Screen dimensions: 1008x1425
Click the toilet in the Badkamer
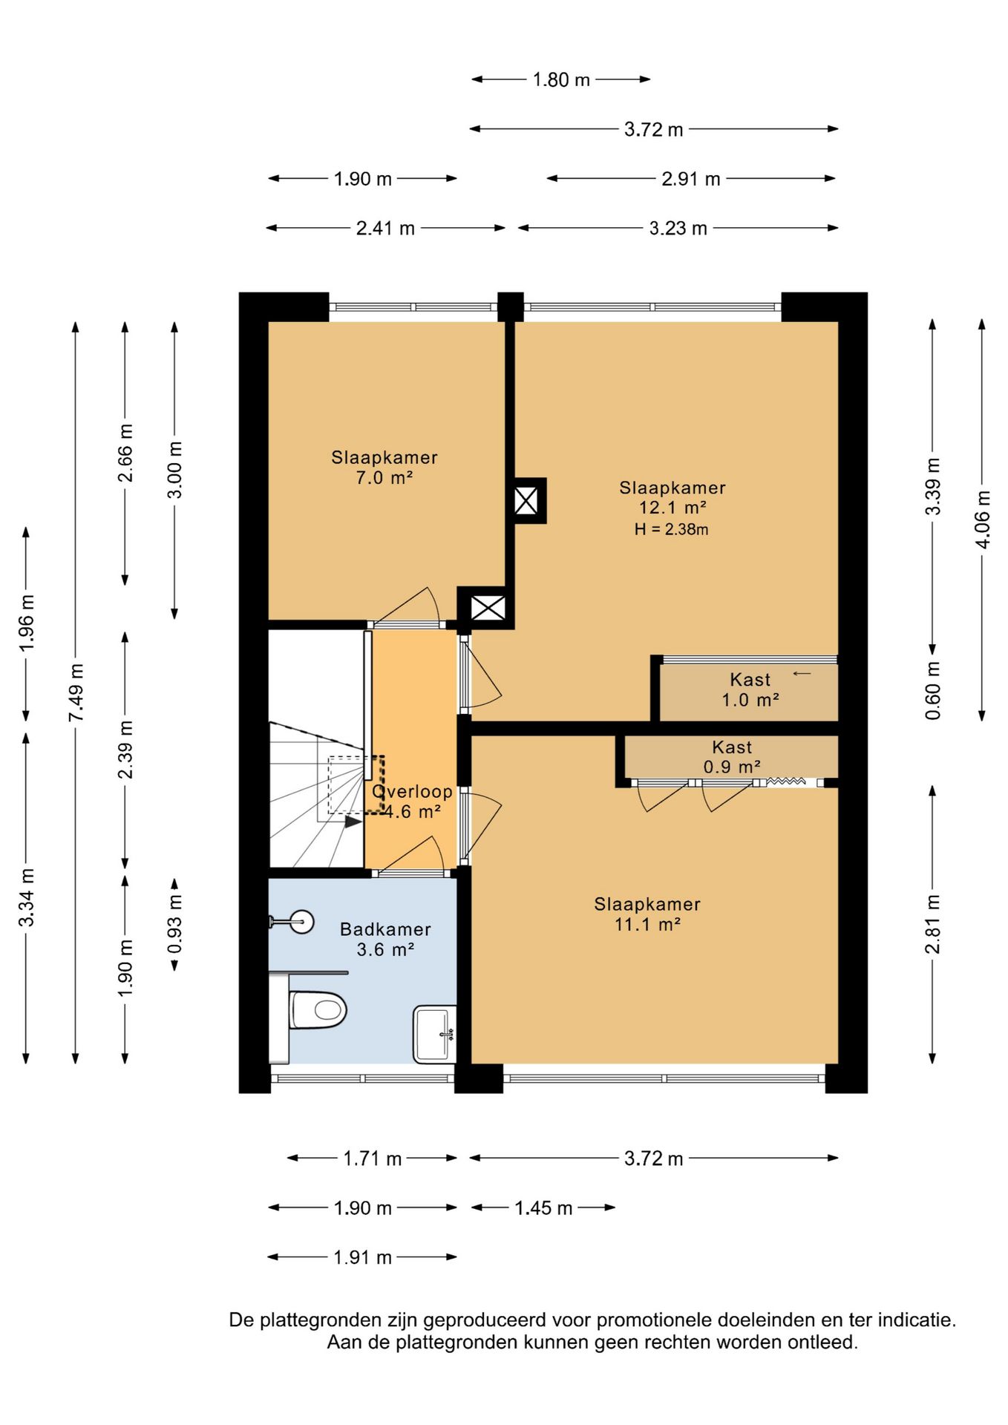tap(318, 1009)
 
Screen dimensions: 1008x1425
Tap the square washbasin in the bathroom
tap(434, 1034)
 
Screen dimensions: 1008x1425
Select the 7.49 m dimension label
tap(76, 692)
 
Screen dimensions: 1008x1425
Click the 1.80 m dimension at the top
tap(561, 79)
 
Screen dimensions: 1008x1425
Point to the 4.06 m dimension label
tap(982, 520)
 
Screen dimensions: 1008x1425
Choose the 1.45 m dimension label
tap(543, 1208)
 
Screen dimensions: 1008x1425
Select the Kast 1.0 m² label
tap(750, 689)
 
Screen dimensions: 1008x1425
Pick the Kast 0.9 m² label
tap(732, 757)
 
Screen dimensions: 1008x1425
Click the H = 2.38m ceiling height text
tap(671, 529)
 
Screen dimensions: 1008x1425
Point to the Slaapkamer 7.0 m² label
tap(384, 468)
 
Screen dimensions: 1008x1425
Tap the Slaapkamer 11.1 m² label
tap(647, 914)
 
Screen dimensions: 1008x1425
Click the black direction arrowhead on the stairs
tap(353, 821)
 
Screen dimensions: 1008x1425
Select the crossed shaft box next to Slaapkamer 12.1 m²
tap(526, 500)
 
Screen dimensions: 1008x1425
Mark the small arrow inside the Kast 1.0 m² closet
tap(802, 674)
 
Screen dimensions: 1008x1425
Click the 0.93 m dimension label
tap(175, 925)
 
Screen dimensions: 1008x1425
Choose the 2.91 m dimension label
tap(691, 179)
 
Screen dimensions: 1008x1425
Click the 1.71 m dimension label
tap(372, 1159)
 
